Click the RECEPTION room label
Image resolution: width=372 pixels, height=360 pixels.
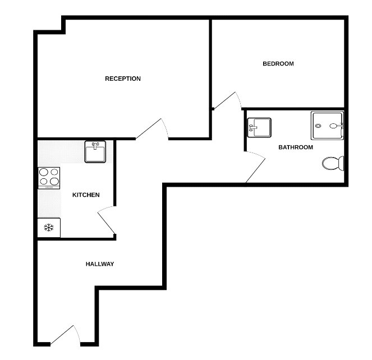tap(123, 79)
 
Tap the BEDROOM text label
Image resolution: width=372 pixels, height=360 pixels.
tap(278, 63)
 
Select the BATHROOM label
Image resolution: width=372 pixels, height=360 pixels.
tap(296, 147)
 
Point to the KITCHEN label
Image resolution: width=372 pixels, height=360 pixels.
tap(86, 195)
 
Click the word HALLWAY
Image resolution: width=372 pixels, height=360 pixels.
tap(100, 264)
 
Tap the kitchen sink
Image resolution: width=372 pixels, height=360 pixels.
tap(95, 151)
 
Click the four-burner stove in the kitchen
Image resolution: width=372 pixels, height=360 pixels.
tap(49, 177)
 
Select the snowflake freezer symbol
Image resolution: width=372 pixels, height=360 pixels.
tap(49, 228)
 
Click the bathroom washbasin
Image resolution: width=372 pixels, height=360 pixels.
tap(259, 127)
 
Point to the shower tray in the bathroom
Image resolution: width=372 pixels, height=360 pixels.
tap(327, 126)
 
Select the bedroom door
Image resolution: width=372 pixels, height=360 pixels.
tap(228, 100)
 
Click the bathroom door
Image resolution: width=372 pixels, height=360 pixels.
tap(256, 170)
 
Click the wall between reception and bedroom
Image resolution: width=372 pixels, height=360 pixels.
tap(210, 62)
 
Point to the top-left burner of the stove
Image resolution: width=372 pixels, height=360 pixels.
tap(44, 172)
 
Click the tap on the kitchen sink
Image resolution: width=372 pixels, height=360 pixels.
tap(95, 145)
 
